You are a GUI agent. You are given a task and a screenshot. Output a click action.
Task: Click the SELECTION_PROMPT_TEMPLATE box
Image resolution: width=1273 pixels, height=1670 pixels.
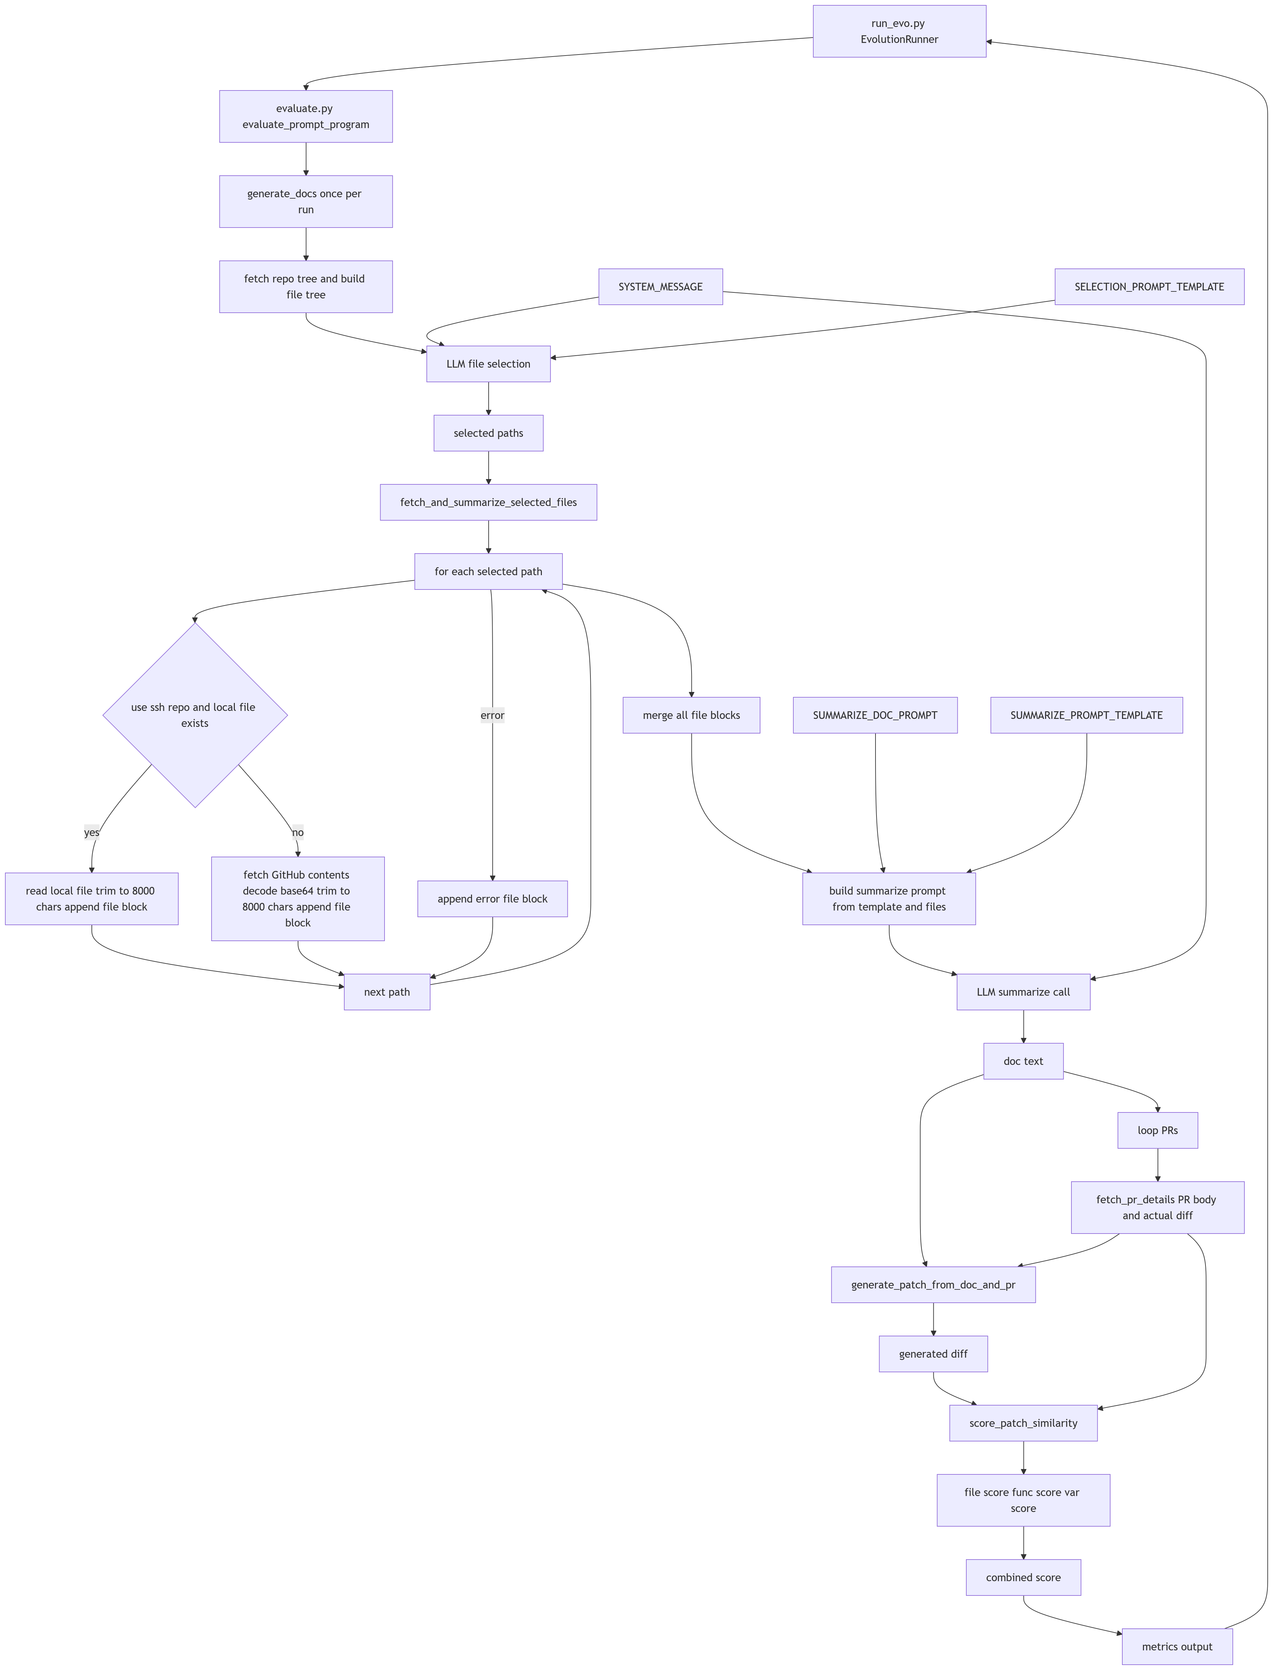coord(1149,286)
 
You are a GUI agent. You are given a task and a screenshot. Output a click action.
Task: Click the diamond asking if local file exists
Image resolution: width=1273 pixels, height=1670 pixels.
coord(195,715)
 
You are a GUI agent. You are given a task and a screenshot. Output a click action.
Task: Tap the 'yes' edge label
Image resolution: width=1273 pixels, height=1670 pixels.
coord(92,832)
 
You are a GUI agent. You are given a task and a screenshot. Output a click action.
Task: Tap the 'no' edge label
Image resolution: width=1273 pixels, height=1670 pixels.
coord(298,832)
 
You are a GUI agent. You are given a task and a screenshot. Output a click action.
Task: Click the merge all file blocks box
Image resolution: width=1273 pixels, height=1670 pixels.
coord(691,715)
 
